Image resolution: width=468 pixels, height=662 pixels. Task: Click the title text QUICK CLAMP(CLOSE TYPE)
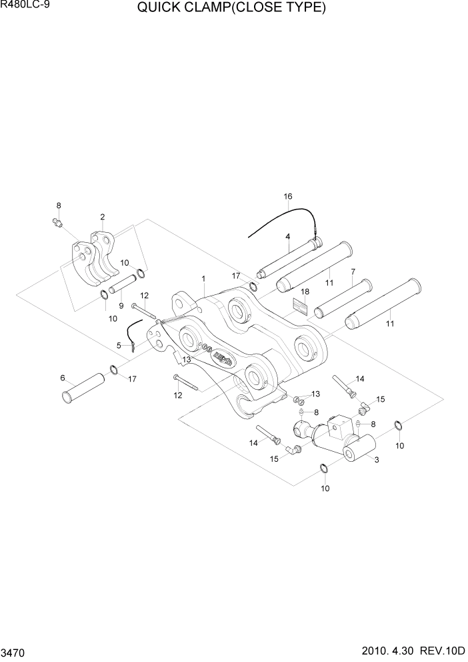[x=231, y=9]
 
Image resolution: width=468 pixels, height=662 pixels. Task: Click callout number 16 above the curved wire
[x=288, y=196]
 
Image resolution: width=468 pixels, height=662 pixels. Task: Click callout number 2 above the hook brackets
[x=102, y=216]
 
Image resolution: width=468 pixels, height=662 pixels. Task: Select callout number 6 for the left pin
[x=63, y=378]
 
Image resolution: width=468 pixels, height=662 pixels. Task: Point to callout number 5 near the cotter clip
[x=119, y=345]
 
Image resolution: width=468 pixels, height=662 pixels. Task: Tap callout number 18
[x=305, y=292]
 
